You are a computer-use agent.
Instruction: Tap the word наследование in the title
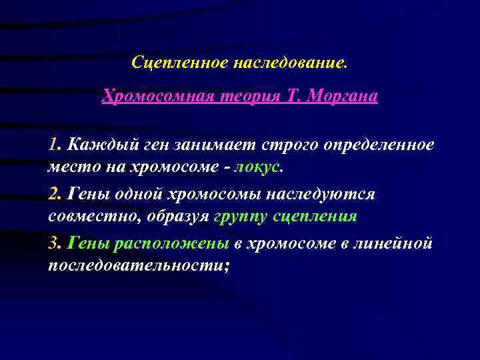point(289,63)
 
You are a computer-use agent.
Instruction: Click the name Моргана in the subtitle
point(344,97)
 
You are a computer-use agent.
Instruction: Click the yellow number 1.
point(53,145)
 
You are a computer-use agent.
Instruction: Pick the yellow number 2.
point(53,194)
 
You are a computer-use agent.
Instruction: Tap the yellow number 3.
point(53,243)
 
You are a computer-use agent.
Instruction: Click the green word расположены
point(173,243)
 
